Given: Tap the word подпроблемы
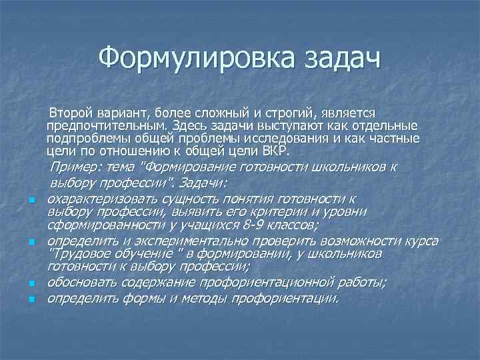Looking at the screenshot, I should tap(100, 138).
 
